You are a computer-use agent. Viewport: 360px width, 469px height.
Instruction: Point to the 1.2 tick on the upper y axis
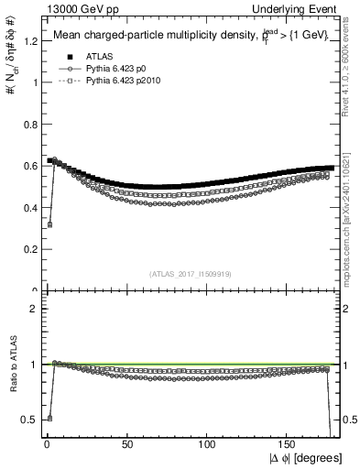coord(27,40)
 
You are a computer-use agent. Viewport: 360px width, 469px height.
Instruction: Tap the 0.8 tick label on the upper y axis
coord(27,124)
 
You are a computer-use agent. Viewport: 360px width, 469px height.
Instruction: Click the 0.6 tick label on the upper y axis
coord(27,166)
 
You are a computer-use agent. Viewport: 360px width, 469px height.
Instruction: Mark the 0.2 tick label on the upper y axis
coord(27,249)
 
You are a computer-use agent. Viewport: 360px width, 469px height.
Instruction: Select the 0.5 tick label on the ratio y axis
coord(27,420)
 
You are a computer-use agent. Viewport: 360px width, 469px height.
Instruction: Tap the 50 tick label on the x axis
coord(126,443)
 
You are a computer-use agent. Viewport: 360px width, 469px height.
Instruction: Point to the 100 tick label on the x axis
coord(207,443)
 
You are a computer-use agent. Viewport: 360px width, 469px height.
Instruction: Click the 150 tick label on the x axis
coord(289,443)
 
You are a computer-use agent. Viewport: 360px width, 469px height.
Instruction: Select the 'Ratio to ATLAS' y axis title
coord(11,364)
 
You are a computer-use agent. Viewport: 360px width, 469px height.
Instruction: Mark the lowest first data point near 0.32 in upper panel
coord(49,224)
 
